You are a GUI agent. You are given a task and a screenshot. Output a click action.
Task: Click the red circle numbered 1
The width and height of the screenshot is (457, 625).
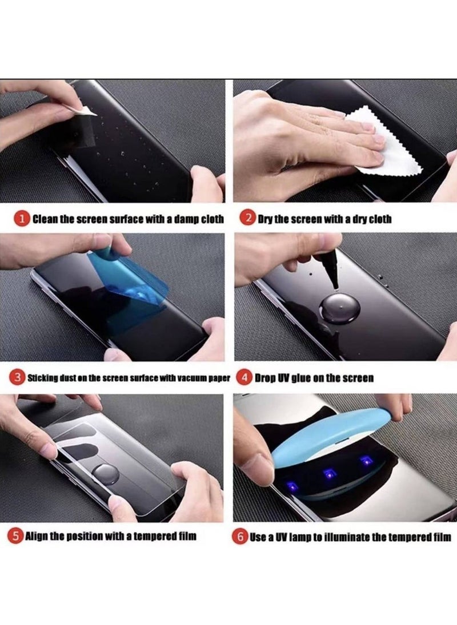coord(22,219)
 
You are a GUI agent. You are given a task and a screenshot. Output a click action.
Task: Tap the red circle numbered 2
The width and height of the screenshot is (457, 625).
coord(247,219)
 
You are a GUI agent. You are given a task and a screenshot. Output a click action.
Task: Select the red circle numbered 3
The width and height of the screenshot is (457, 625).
coord(19,377)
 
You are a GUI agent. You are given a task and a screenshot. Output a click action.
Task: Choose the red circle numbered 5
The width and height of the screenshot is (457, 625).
coord(16,536)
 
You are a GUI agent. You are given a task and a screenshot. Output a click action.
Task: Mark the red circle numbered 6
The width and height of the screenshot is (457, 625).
coord(240,537)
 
